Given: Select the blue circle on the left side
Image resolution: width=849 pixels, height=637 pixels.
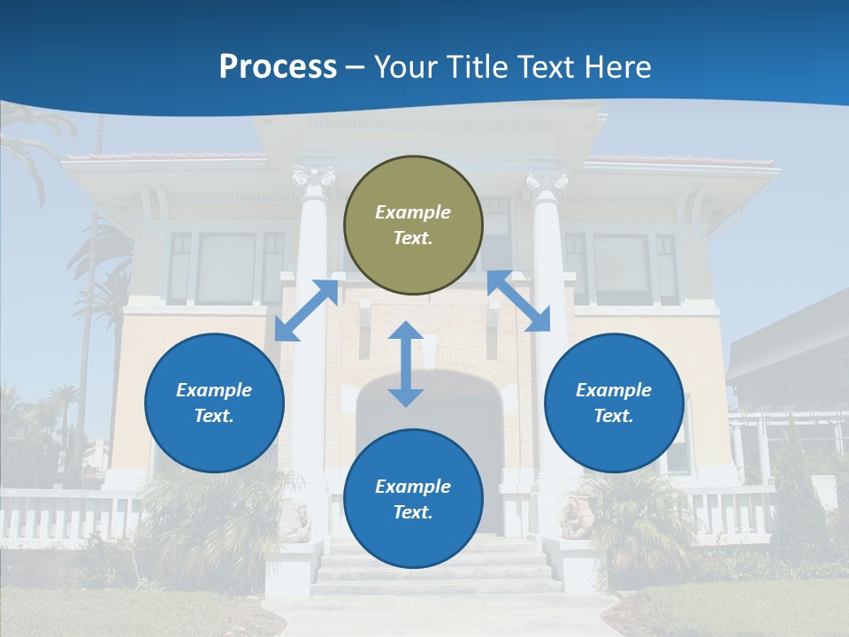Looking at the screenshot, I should pyautogui.click(x=214, y=403).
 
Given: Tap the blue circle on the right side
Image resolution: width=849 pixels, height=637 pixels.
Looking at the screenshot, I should pyautogui.click(x=614, y=403).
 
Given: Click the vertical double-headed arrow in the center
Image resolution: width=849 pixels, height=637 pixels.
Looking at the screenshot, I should pyautogui.click(x=406, y=365).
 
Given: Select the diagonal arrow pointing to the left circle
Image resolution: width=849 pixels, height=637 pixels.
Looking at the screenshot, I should pyautogui.click(x=306, y=311).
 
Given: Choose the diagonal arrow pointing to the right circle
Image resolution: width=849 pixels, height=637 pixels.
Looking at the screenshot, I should pyautogui.click(x=519, y=302).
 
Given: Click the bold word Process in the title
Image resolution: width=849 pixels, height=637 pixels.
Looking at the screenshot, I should pyautogui.click(x=278, y=67).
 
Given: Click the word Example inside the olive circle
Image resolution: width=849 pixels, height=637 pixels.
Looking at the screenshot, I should pyautogui.click(x=413, y=212).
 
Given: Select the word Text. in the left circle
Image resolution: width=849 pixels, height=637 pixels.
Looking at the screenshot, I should pyautogui.click(x=214, y=416).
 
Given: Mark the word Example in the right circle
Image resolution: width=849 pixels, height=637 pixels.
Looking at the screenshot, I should pyautogui.click(x=614, y=390).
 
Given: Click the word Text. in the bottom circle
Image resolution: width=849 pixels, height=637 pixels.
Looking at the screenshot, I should pyautogui.click(x=413, y=512).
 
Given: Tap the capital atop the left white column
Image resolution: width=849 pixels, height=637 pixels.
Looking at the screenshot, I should pyautogui.click(x=314, y=178).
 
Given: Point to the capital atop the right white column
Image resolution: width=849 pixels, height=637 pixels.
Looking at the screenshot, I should pyautogui.click(x=547, y=180).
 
